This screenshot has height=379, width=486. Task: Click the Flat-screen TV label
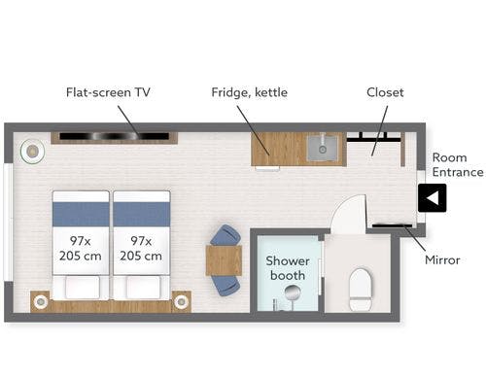tap(108, 92)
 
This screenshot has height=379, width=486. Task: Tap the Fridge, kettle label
tap(249, 92)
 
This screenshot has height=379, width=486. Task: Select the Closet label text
tap(385, 92)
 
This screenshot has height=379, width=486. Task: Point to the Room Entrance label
tap(458, 165)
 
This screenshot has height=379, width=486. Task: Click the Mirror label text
tap(442, 259)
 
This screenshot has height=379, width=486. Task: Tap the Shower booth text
tap(288, 268)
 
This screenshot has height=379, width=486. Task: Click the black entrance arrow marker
tap(432, 198)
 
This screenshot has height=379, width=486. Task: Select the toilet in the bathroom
tap(361, 290)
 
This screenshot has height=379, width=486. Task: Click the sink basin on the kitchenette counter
tap(323, 149)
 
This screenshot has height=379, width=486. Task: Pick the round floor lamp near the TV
tap(32, 152)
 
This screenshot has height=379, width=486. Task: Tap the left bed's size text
tap(81, 249)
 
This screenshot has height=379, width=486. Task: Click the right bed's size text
tap(141, 249)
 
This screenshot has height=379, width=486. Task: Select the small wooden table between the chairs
tap(224, 260)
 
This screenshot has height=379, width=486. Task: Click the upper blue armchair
tap(226, 235)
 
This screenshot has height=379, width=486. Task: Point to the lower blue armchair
tap(226, 286)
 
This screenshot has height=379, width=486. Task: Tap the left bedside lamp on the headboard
tap(41, 302)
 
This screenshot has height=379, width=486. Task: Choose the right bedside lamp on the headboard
tap(181, 302)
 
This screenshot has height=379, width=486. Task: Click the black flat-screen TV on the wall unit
tap(115, 136)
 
